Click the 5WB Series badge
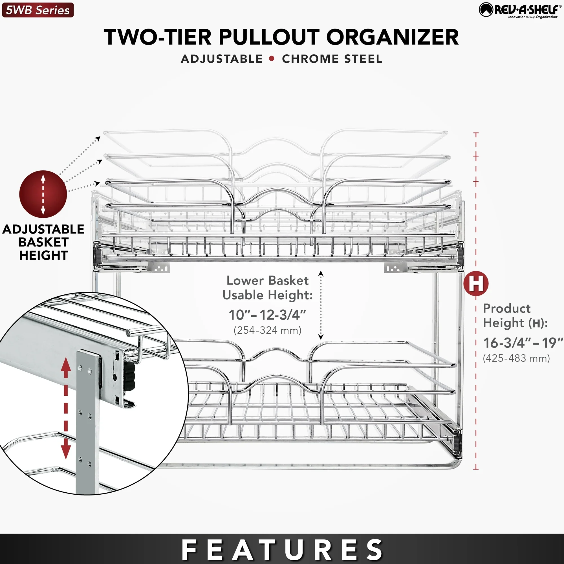38,10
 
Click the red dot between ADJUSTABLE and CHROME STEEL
272,58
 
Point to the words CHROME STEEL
332,59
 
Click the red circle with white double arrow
43,194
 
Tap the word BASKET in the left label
43,242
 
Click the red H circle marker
476,283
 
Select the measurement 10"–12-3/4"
267,315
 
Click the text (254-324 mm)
267,331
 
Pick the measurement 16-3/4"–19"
523,343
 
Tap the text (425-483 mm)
516,358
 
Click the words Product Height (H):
515,316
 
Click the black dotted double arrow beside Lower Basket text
321,305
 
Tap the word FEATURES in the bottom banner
282,550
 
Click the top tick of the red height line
476,133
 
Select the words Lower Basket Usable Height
267,288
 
